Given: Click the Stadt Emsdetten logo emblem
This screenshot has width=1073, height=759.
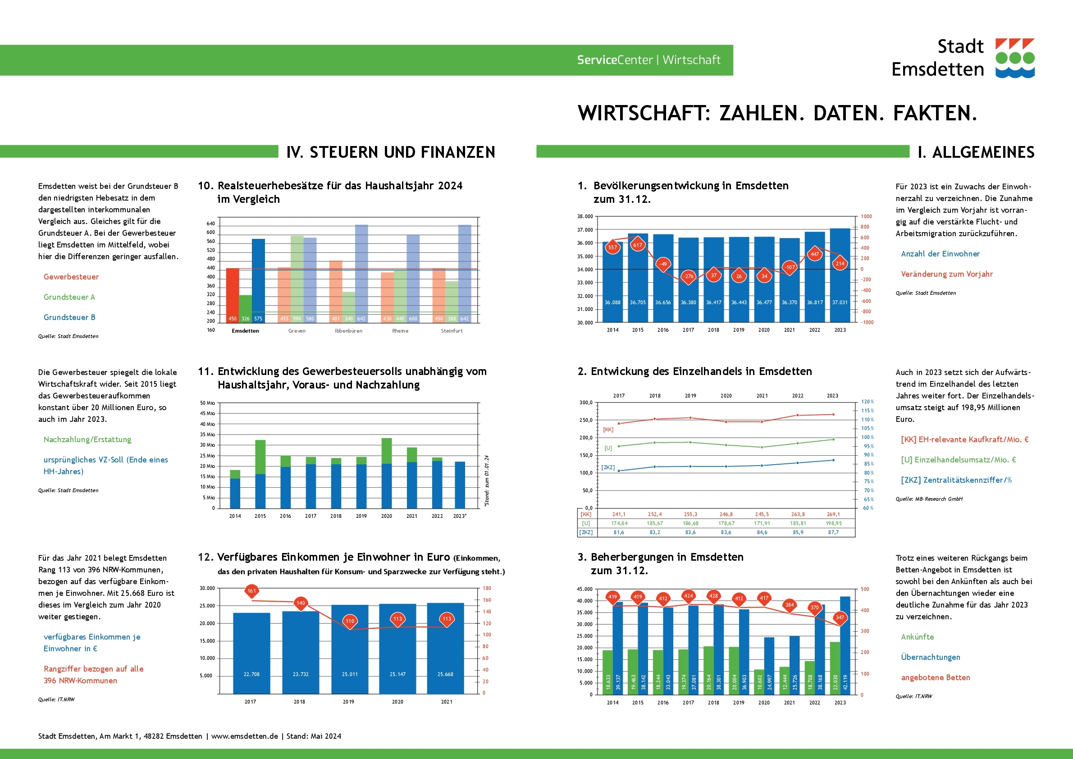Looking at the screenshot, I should (1014, 58).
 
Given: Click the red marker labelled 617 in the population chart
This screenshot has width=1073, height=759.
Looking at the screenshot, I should (637, 245).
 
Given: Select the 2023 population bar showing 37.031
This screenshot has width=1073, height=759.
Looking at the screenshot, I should (840, 280).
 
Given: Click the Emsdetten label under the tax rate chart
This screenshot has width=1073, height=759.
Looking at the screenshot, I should (245, 331).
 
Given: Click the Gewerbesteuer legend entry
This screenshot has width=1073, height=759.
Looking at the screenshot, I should (71, 277).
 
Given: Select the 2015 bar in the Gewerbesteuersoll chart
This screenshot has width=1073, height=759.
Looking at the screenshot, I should (260, 474).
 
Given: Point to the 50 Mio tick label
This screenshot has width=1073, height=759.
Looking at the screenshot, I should (207, 403).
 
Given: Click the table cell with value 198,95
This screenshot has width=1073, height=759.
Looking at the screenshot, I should (833, 523).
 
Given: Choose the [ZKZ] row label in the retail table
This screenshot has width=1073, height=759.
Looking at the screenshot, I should (586, 532).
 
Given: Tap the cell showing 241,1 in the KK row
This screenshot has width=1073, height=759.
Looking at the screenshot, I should (619, 515).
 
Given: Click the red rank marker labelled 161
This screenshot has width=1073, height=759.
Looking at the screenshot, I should (251, 591).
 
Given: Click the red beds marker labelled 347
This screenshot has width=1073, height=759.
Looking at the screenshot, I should (840, 618).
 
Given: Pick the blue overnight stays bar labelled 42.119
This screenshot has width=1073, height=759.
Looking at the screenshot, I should (845, 645).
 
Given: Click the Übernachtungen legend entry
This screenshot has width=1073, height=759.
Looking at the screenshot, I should (930, 657).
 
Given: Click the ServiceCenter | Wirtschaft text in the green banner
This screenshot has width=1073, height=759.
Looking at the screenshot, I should (648, 60).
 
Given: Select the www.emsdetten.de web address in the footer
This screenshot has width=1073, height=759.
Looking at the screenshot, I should (244, 736).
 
